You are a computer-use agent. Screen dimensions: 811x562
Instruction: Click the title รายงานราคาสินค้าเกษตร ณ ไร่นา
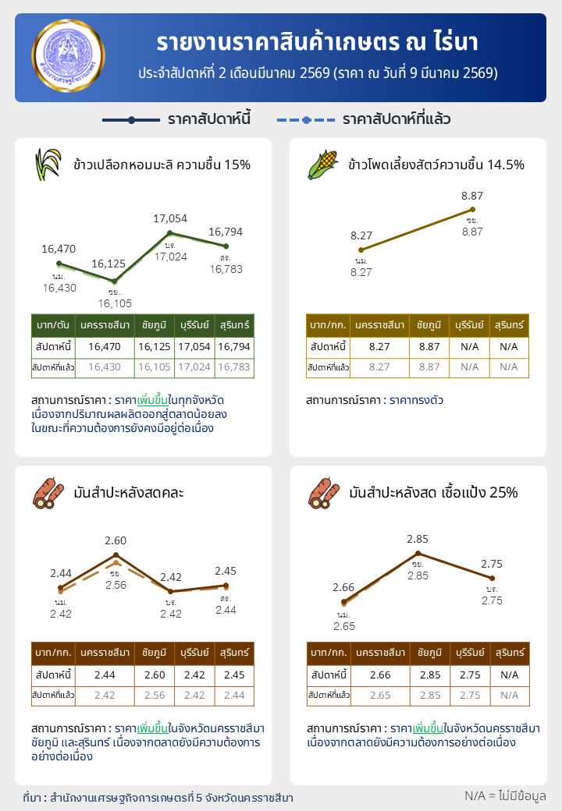317,42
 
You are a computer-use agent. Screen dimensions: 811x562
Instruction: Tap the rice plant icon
48,165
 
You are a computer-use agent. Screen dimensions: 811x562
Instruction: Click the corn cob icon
322,165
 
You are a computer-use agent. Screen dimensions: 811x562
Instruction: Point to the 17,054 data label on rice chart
170,218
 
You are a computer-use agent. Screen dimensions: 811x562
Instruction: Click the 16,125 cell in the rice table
153,345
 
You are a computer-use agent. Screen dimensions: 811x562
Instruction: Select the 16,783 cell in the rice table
234,367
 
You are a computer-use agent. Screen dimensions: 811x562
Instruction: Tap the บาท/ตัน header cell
52,324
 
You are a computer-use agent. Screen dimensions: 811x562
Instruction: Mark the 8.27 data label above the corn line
361,236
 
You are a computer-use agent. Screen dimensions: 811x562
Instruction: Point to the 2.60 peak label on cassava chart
116,540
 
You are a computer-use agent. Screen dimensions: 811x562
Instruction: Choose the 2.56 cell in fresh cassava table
153,695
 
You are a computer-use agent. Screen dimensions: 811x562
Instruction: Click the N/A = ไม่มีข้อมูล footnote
505,795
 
